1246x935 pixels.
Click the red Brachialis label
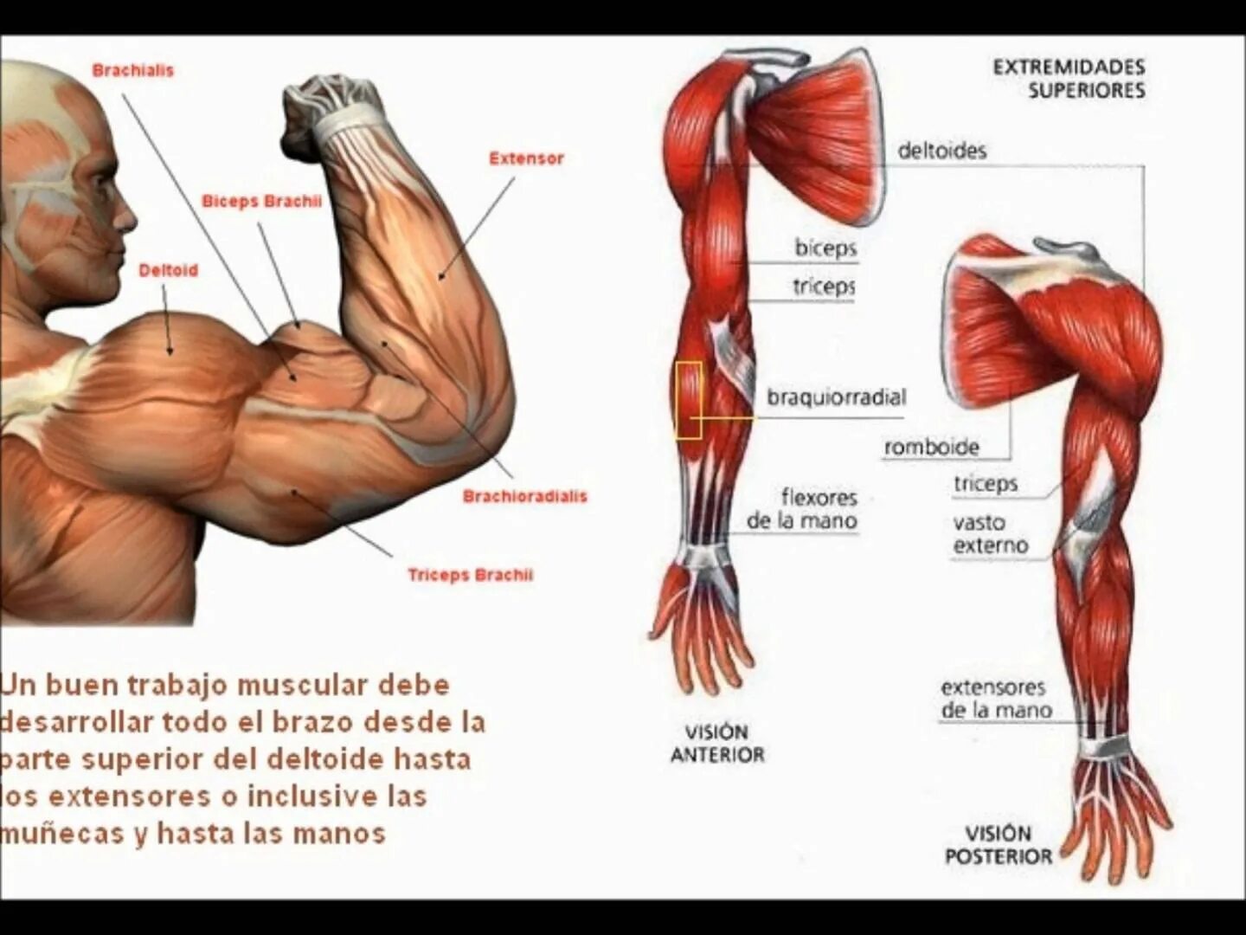(132, 70)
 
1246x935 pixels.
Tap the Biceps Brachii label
(261, 201)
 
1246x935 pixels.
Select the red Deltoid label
(169, 270)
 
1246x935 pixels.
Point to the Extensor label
(526, 158)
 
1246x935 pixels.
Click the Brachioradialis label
(524, 496)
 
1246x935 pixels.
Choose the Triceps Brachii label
(470, 575)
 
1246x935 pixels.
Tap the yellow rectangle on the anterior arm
(689, 400)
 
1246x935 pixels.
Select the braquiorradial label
(836, 398)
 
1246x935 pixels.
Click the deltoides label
(941, 151)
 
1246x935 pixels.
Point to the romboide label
(931, 448)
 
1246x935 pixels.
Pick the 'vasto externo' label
(990, 534)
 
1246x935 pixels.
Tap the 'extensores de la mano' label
(995, 700)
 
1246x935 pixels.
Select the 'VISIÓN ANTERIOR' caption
(717, 744)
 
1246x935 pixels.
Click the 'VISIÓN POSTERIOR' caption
(999, 845)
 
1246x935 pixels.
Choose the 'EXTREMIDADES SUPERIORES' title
(1069, 79)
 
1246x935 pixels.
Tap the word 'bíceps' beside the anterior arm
(825, 248)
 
